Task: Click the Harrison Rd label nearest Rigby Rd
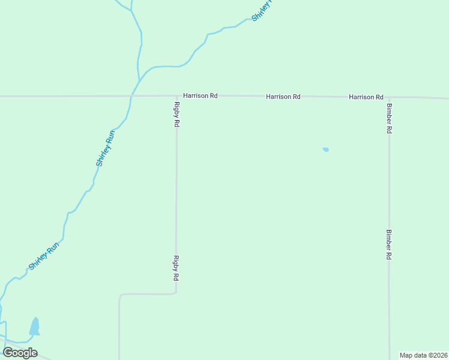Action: [200, 96]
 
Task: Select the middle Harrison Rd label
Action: [283, 97]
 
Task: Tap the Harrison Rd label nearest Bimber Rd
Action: [366, 97]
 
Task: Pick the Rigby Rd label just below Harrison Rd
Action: [177, 114]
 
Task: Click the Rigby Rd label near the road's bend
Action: [176, 268]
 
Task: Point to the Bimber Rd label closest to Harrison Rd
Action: [390, 118]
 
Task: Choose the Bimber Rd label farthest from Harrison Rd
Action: [389, 244]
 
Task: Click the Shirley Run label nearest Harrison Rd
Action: [105, 148]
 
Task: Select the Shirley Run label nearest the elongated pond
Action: [44, 256]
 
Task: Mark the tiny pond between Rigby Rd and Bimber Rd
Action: [325, 149]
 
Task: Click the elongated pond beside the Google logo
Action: [35, 327]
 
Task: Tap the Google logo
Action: [20, 353]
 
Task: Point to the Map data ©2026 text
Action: [423, 355]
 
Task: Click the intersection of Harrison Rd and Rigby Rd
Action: [177, 96]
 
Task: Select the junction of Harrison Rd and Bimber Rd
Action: [389, 97]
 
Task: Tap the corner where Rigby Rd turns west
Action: [176, 293]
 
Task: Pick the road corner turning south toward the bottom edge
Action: [120, 295]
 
